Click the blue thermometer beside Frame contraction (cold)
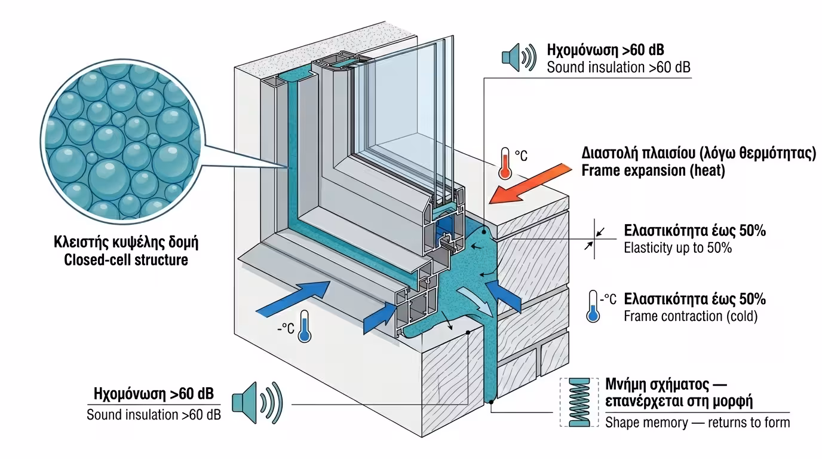click(x=593, y=307)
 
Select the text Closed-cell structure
click(x=126, y=261)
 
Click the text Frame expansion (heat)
click(x=654, y=171)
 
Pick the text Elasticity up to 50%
click(x=677, y=247)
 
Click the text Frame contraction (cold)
click(x=690, y=316)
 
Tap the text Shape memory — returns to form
click(x=697, y=423)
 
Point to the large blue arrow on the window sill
click(x=294, y=298)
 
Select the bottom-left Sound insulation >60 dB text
click(x=154, y=414)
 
